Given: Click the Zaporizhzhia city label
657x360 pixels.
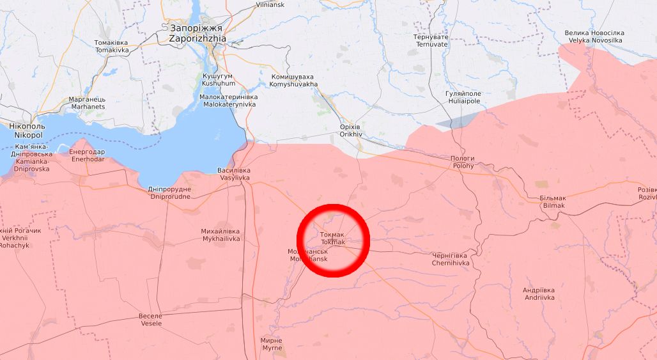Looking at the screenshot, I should click(x=197, y=33).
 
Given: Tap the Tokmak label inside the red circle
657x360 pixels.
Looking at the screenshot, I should click(x=332, y=239).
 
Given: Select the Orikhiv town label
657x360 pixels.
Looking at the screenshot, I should click(x=352, y=131).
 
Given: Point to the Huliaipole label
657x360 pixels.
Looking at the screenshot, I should click(x=463, y=97).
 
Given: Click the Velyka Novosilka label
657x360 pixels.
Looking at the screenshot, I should click(x=593, y=36).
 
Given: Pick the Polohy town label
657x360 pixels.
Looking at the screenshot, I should click(x=463, y=162).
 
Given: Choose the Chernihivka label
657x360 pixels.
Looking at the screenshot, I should click(x=451, y=259).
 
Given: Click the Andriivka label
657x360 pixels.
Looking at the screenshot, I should click(x=539, y=293).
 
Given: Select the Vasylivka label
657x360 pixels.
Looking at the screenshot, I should click(x=234, y=174).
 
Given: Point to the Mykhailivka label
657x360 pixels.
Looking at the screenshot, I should click(x=220, y=234).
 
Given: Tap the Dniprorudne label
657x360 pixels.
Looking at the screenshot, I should click(x=169, y=193).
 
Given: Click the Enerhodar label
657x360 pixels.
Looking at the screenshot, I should click(x=87, y=155).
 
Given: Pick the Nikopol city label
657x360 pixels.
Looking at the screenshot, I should click(x=26, y=132).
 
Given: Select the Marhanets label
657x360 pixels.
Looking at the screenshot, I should click(x=87, y=103).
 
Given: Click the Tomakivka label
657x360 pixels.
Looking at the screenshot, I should click(x=111, y=46).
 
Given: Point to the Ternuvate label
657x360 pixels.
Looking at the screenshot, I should click(x=431, y=41).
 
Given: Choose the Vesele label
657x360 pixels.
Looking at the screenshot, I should click(x=150, y=320).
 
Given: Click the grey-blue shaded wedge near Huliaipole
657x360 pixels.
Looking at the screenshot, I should click(x=456, y=121).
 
